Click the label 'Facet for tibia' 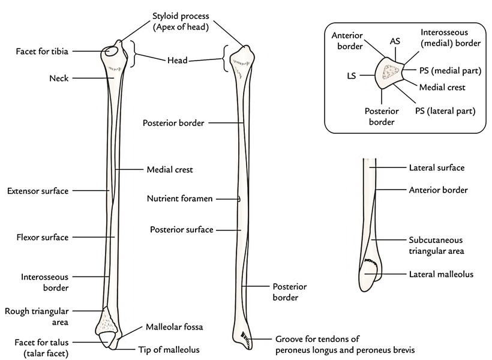point(43,52)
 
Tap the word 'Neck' point(61,78)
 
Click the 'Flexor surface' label point(42,237)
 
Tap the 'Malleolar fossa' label point(175,328)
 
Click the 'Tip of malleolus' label point(170,349)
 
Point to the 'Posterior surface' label point(181,230)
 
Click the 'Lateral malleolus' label point(440,274)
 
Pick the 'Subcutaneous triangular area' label point(436,244)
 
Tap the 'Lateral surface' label point(436,169)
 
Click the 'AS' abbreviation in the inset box point(395,41)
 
